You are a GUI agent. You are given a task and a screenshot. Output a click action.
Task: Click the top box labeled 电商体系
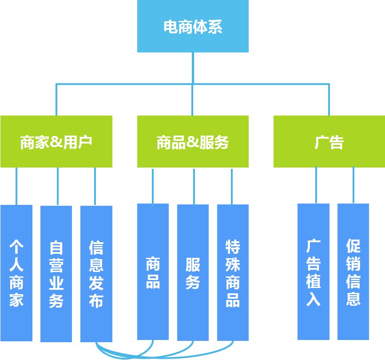(193, 27)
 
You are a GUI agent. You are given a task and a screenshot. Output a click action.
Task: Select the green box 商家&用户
(56, 142)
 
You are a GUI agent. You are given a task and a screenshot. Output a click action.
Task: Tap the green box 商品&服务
(193, 142)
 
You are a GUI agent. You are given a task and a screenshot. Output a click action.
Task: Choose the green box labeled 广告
(329, 142)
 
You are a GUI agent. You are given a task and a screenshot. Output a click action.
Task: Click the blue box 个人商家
(16, 273)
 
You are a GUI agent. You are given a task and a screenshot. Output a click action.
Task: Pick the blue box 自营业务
(56, 274)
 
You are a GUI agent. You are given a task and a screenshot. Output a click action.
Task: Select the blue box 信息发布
(96, 274)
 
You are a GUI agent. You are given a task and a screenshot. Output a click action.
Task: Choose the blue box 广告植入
(314, 272)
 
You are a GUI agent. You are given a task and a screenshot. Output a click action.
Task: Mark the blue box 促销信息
(353, 272)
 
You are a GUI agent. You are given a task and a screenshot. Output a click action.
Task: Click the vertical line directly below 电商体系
(193, 67)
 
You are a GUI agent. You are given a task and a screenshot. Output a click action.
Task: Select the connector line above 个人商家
(16, 186)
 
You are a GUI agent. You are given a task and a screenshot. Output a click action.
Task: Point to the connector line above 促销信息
(353, 185)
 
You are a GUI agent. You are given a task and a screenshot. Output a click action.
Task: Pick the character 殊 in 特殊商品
(233, 264)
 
